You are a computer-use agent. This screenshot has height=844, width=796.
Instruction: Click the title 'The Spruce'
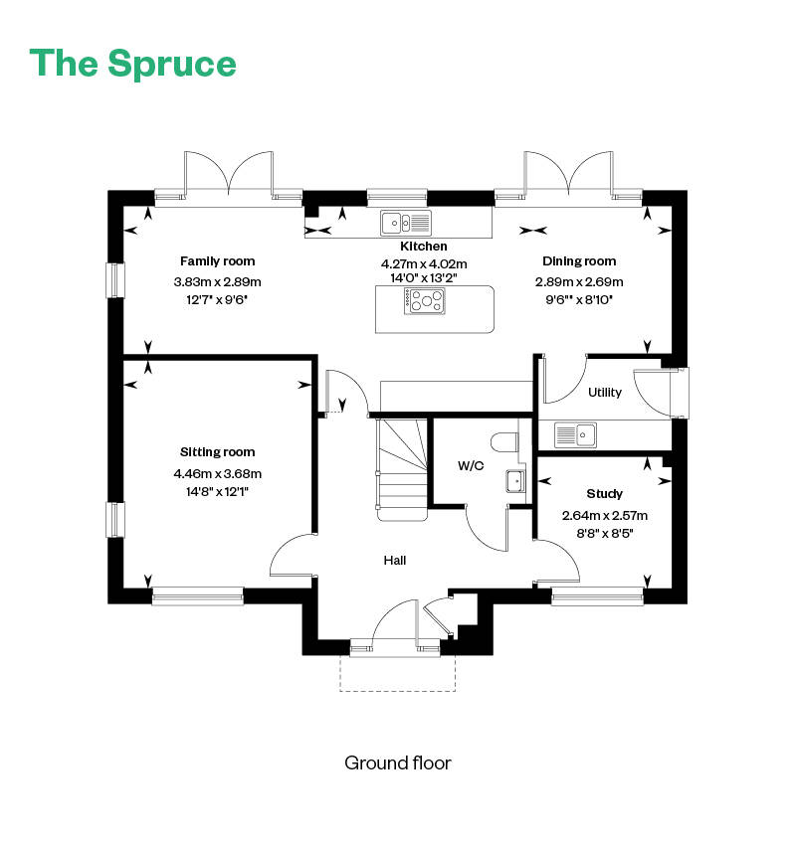click(x=132, y=64)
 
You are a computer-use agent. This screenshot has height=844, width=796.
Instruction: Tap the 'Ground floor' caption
click(x=397, y=762)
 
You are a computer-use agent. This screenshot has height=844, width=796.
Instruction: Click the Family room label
click(x=218, y=261)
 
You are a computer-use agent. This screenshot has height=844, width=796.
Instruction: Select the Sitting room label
click(x=218, y=452)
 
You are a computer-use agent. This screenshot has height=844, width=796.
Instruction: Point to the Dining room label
click(x=579, y=261)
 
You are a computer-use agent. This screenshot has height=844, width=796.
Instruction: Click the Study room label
click(x=604, y=494)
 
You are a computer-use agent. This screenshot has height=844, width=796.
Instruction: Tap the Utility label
click(x=605, y=392)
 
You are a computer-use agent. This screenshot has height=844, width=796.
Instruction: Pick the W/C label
click(x=471, y=465)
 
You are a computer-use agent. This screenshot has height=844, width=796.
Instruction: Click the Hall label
click(x=395, y=561)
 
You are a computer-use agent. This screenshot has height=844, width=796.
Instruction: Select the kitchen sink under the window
click(x=406, y=223)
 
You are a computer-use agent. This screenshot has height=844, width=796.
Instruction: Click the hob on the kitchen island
click(x=425, y=301)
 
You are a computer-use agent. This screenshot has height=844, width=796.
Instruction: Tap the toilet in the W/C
click(x=504, y=442)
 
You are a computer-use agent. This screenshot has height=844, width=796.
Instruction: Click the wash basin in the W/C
click(x=515, y=481)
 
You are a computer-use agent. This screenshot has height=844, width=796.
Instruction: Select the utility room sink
click(x=575, y=434)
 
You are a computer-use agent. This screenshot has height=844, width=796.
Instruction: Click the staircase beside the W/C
click(x=403, y=469)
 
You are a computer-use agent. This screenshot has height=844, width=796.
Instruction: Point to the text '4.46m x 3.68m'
click(x=218, y=473)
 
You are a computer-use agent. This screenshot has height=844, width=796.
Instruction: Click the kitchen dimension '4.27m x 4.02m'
click(x=424, y=263)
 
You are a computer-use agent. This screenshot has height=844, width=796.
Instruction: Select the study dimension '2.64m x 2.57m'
click(x=604, y=515)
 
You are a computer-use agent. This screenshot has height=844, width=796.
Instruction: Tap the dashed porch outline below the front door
click(x=397, y=691)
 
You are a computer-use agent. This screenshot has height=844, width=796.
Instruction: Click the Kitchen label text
click(x=423, y=246)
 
